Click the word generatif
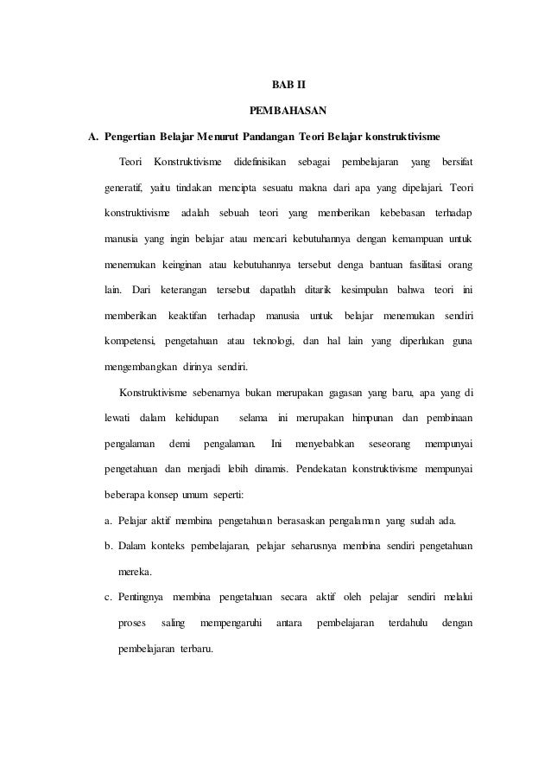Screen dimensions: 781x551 [124, 187]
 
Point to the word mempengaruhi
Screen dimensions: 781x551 [231, 623]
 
